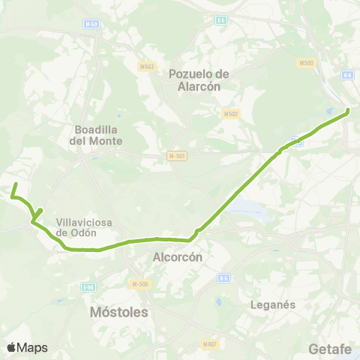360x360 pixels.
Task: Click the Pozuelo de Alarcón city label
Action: point(198,79)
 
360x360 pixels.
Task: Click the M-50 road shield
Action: point(91,24)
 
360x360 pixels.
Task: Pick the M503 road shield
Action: point(147,67)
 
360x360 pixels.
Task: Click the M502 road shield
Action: point(230,114)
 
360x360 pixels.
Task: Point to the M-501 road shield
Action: point(177,156)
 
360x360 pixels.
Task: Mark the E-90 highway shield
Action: point(89,286)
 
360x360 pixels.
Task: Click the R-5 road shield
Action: point(223,278)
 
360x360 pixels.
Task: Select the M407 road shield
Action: point(209,344)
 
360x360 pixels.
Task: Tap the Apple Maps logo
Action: point(26,347)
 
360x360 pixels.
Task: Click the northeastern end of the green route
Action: point(349,112)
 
